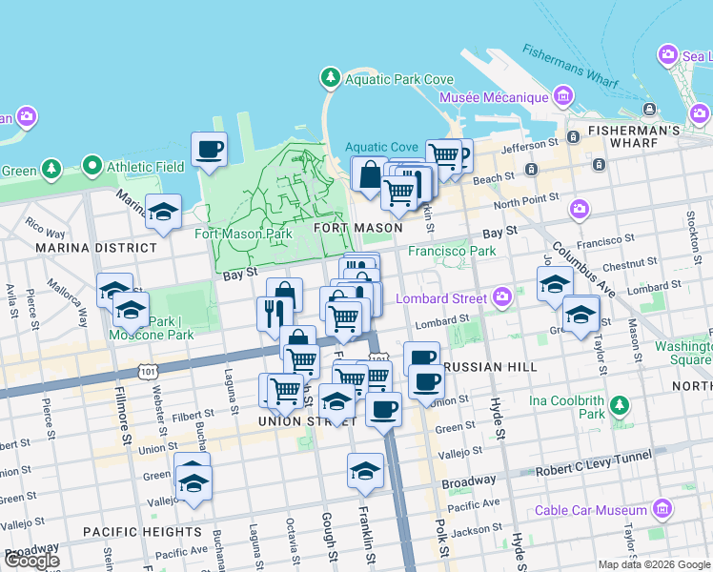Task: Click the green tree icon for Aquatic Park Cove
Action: click(x=330, y=76)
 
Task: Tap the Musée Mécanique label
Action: click(x=493, y=97)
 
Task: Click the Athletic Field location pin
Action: click(x=92, y=167)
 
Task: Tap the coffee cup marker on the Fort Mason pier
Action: click(x=209, y=150)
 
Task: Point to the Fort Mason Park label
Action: click(x=243, y=234)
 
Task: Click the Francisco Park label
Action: click(x=452, y=252)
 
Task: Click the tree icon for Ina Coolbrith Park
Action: click(x=620, y=406)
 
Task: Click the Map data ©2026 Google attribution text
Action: click(x=653, y=564)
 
